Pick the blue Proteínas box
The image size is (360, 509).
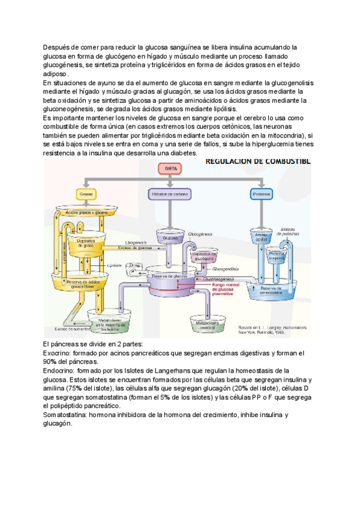[x=259, y=194]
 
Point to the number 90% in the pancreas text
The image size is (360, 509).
[x=52, y=363]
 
